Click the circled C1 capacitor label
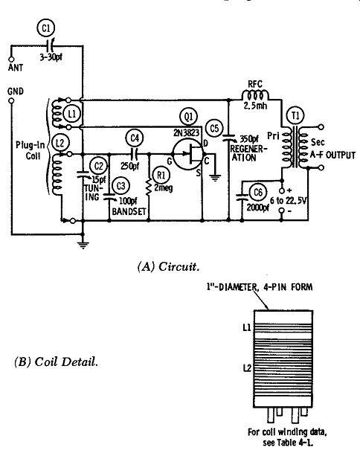(x=46, y=28)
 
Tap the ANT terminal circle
(x=12, y=60)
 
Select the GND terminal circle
(x=11, y=101)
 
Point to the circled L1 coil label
(x=72, y=115)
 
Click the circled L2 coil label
(x=60, y=143)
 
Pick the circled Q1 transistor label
(x=188, y=117)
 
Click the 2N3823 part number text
(x=187, y=132)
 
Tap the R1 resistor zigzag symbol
(x=149, y=187)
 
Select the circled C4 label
(x=135, y=138)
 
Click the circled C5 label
(x=214, y=128)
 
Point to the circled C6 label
(x=258, y=192)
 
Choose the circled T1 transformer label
(x=295, y=116)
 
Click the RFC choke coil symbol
(x=255, y=95)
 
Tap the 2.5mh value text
(x=255, y=106)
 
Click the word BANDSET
(x=129, y=211)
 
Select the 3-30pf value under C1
(x=51, y=57)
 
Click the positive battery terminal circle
(x=282, y=190)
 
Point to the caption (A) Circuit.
(x=168, y=266)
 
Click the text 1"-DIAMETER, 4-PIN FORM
(x=260, y=287)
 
